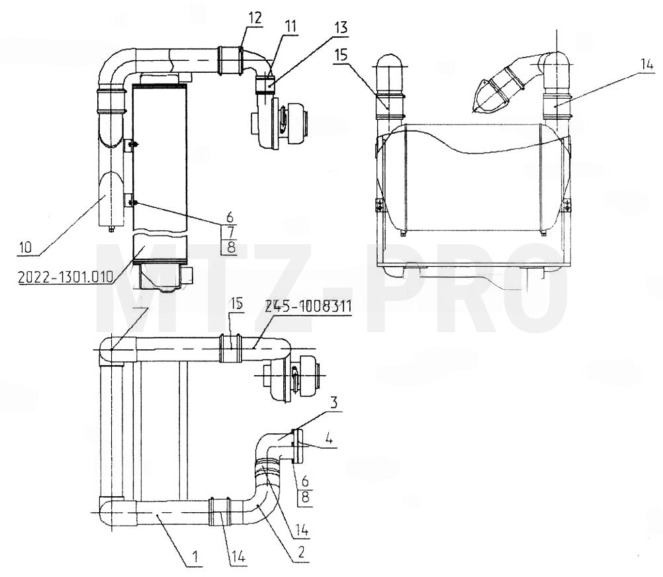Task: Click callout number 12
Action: point(255,18)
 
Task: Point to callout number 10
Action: point(25,247)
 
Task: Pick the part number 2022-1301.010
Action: point(66,277)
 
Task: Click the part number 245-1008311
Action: point(308,305)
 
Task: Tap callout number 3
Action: point(334,403)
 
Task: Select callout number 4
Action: point(329,438)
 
